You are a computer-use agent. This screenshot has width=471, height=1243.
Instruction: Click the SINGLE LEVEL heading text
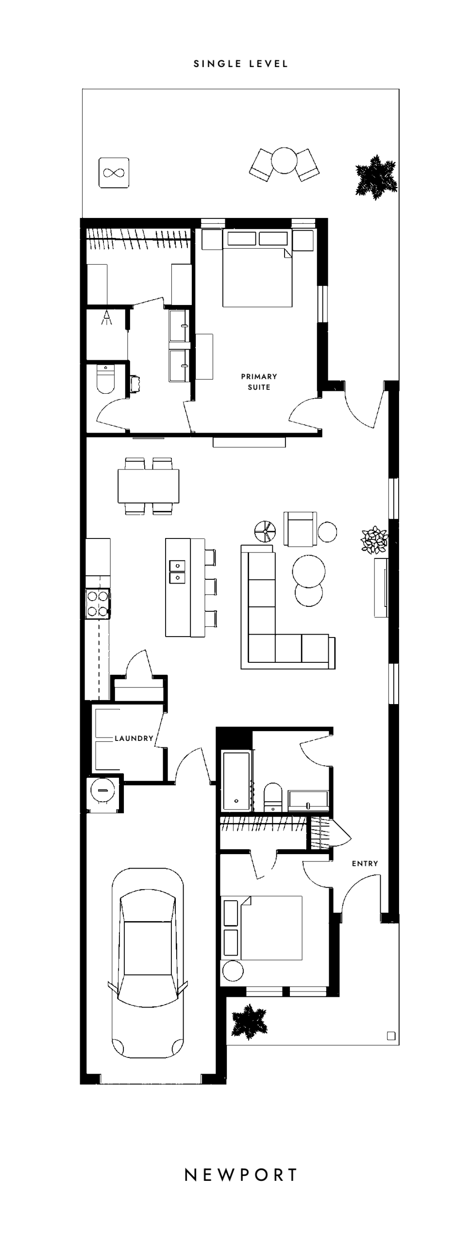coord(241,64)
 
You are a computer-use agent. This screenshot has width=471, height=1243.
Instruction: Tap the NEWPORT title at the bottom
coord(241,1175)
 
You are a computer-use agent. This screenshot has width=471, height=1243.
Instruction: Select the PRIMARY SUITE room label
coord(259,382)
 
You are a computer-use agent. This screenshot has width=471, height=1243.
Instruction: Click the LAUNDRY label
coord(134,738)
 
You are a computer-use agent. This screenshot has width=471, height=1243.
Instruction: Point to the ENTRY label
coord(365,863)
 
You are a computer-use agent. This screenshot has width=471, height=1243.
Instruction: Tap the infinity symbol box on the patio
coord(114,172)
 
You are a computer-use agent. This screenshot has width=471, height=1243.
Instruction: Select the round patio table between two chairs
coord(284,160)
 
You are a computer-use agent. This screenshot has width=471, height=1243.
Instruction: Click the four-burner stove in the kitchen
coord(97,604)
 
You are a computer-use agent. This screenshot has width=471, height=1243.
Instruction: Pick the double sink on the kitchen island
coord(177,571)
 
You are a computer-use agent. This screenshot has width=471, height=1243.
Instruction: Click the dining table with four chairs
coord(148,486)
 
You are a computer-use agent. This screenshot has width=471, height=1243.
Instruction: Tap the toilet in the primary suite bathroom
coord(105,379)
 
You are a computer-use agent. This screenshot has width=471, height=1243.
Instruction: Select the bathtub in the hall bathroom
coord(236,781)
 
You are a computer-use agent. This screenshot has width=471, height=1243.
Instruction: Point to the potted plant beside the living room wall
coord(374,540)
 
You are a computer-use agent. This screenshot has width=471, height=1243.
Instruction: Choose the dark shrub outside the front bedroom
coord(249,1022)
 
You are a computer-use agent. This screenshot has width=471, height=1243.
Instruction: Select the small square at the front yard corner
coord(391,1036)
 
